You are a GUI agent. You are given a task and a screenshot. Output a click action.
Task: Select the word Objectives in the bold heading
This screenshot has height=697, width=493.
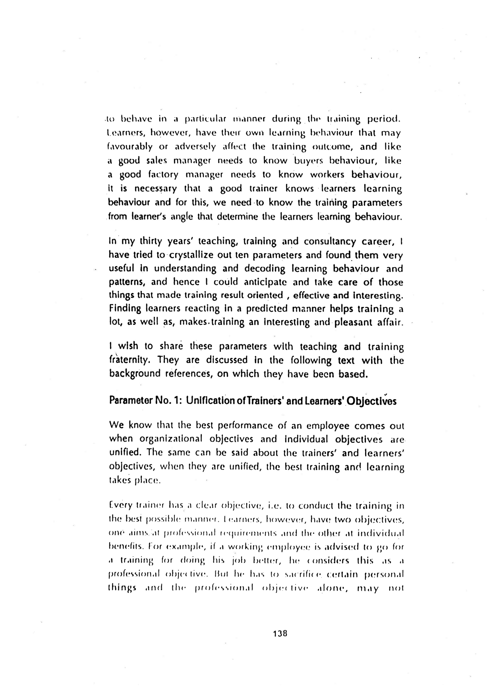point(373,401)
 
